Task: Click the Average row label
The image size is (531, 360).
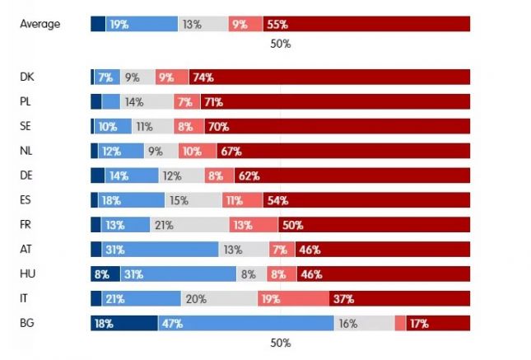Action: [40, 24]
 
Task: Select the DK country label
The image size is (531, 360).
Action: [26, 77]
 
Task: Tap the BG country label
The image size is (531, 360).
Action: [26, 323]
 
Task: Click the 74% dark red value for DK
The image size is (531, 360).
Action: [203, 77]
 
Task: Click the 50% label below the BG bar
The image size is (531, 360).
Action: [280, 344]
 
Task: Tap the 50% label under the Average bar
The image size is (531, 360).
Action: [280, 44]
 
